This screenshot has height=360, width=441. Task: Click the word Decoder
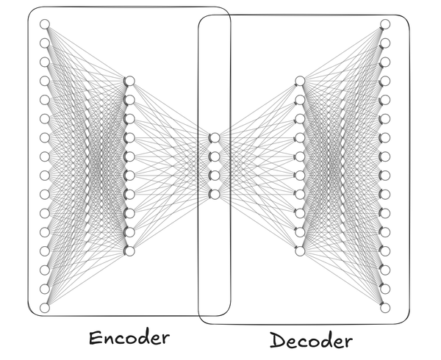coord(310,340)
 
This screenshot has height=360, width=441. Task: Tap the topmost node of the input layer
coord(44,24)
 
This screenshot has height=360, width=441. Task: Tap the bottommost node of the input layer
coord(44,308)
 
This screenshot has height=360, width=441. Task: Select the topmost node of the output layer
coord(384,24)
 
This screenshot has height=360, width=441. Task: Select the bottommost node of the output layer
coord(384,308)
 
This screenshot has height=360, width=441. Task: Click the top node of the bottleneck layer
coord(215,137)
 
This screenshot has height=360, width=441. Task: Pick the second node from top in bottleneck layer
coord(215,156)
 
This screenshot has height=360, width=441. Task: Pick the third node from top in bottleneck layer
coord(215,176)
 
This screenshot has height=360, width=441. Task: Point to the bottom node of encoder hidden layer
coord(129,251)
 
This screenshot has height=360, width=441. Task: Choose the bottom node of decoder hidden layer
coord(300,251)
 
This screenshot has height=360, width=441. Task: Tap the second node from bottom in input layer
coord(44,289)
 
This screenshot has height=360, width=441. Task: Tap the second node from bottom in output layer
coord(384,289)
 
